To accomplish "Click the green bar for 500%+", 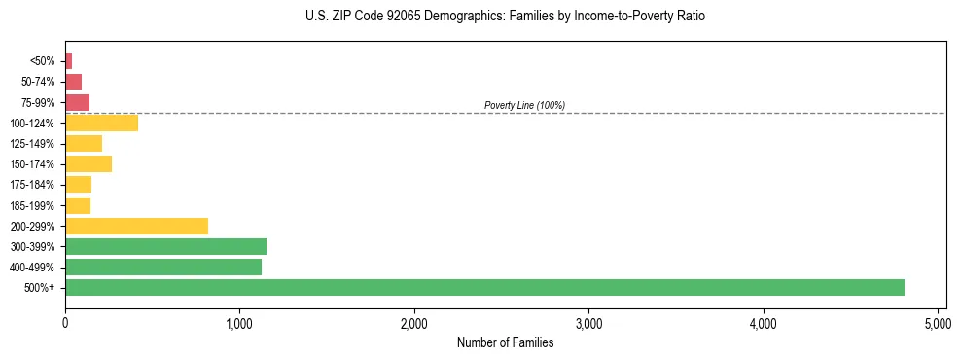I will (x=484, y=287).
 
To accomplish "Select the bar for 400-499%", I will (x=163, y=267).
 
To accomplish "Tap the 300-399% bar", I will (x=165, y=246).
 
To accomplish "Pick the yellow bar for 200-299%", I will (x=136, y=226).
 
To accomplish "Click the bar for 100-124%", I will (x=101, y=123).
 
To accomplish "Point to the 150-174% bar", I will (x=89, y=163).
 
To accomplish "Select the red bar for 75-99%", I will (x=77, y=102).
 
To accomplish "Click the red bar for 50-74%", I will (x=73, y=81).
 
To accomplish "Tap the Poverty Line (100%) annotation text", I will (x=524, y=105).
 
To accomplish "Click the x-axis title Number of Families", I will (x=505, y=342).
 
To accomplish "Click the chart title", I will (x=505, y=17).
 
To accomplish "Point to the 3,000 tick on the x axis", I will (x=588, y=321).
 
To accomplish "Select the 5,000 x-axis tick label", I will (x=938, y=321).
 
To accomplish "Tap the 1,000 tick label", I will (x=239, y=321).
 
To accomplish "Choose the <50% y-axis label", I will (x=42, y=61).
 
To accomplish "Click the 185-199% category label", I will (x=32, y=205).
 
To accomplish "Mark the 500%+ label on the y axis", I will (x=40, y=288).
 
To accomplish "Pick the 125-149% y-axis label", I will (x=32, y=144).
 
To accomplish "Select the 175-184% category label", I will (x=32, y=185).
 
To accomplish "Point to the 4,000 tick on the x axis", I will (x=764, y=321).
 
